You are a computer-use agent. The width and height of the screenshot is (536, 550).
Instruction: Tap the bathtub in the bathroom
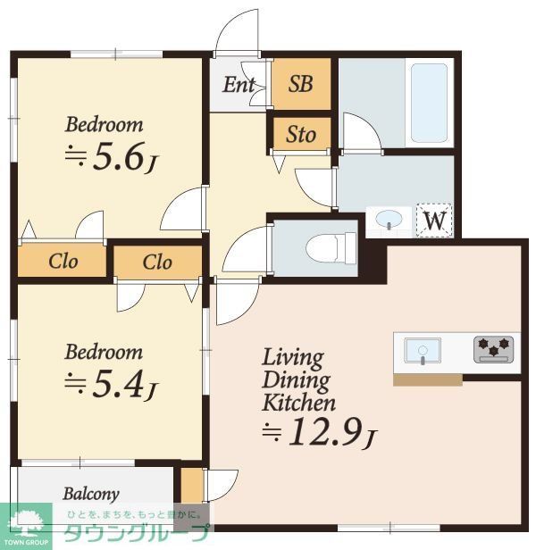pos(429,103)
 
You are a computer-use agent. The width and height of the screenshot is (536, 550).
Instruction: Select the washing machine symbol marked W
pos(434,221)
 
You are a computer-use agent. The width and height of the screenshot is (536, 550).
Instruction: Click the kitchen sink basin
pos(423,350)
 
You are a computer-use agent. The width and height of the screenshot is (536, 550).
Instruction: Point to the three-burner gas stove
pos(493,349)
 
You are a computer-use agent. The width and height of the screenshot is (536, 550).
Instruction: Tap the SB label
pos(300,84)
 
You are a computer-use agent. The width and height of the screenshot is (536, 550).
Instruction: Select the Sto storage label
pos(301,134)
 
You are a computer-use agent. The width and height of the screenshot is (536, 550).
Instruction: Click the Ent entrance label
pos(239,85)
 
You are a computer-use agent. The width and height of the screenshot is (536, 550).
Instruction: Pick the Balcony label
pos(91,495)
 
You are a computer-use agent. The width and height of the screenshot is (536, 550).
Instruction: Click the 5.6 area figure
pos(120,156)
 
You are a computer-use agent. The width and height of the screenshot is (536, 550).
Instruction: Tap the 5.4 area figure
pos(119,384)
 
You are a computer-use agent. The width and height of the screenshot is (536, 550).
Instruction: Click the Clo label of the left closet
pos(63,262)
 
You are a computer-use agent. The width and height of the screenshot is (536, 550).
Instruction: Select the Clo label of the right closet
pos(157,262)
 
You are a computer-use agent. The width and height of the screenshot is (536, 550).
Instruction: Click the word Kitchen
pos(298,403)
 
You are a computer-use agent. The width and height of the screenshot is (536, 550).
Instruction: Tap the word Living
pos(293,358)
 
